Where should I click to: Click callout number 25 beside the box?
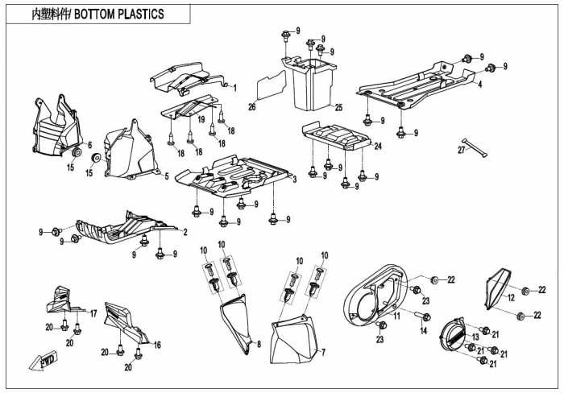tap(339, 107)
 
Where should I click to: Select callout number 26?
tap(251, 107)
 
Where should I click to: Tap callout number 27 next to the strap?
tap(462, 150)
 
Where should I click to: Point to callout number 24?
tap(377, 146)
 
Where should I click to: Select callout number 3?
tap(296, 179)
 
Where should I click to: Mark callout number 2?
tap(185, 233)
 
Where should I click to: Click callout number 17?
tap(93, 312)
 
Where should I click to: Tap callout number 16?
tap(157, 344)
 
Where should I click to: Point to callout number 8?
tap(259, 344)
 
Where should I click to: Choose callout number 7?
tap(323, 352)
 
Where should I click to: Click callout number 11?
tap(396, 316)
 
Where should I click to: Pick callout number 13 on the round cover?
tap(475, 336)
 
